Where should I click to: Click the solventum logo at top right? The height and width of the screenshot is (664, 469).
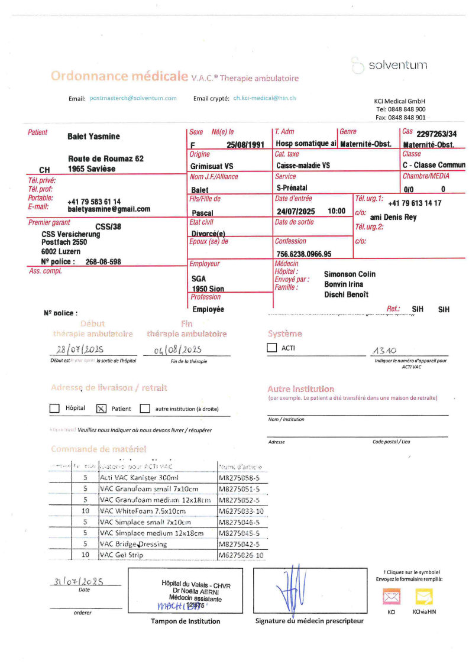click(x=389, y=65)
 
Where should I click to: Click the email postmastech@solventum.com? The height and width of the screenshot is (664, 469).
click(x=133, y=98)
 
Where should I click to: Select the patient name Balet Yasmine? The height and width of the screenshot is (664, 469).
click(x=93, y=137)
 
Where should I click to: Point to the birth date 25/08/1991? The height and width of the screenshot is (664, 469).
click(x=245, y=144)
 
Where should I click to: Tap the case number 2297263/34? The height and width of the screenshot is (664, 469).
click(x=436, y=134)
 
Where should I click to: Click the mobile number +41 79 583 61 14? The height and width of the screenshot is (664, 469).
click(x=94, y=202)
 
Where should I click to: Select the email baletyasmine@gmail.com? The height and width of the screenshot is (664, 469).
click(x=109, y=209)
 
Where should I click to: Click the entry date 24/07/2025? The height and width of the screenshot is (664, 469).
click(x=296, y=211)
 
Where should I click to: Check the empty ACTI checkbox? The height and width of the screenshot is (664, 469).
click(x=272, y=348)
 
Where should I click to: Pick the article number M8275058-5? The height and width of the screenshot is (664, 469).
click(x=240, y=477)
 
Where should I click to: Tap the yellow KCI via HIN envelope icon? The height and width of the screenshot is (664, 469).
click(x=423, y=597)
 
